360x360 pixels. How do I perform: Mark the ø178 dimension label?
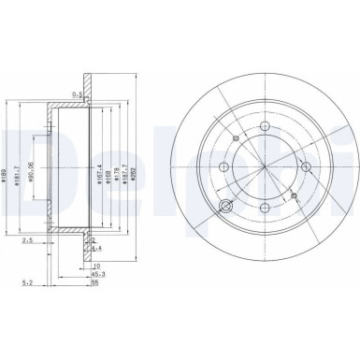[118, 155]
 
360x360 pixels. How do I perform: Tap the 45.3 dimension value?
[99, 273]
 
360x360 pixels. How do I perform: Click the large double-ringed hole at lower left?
[225, 208]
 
